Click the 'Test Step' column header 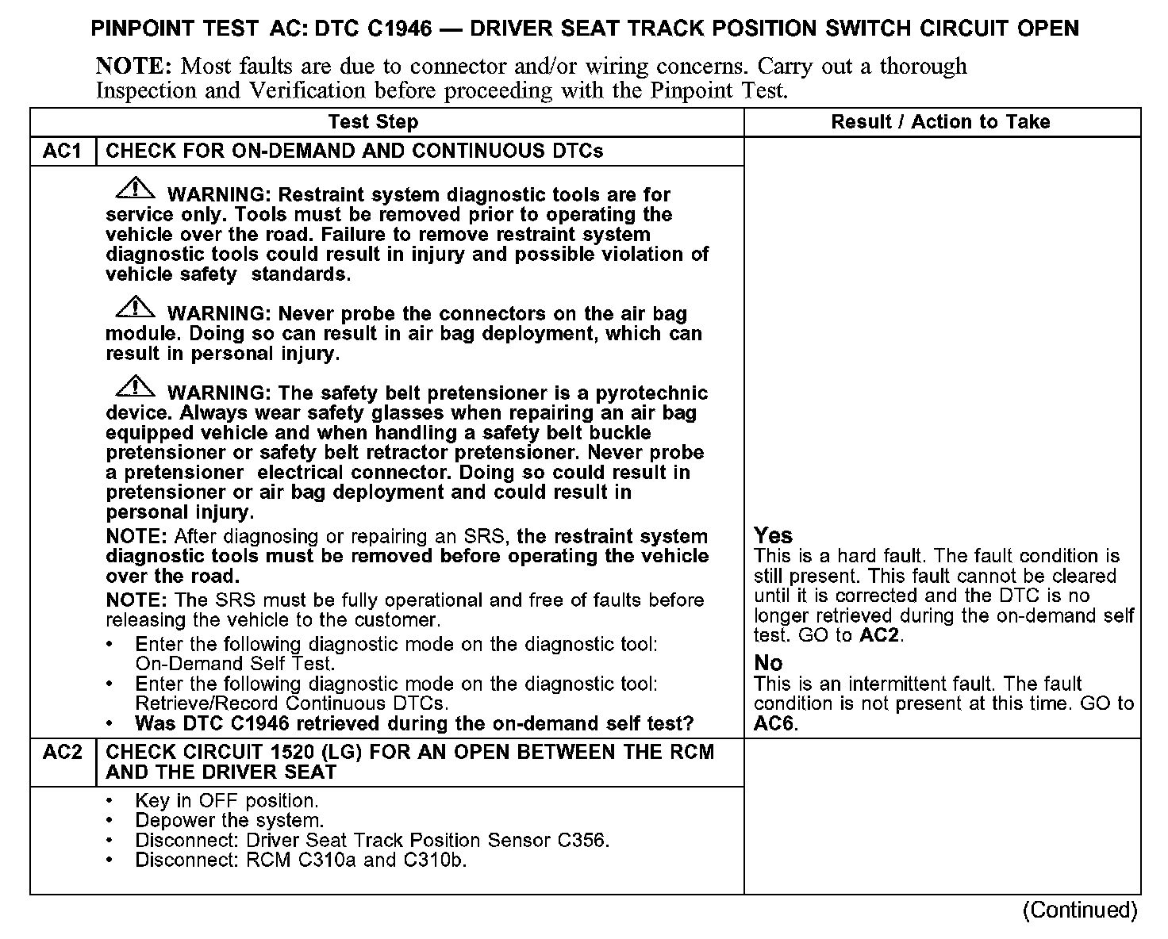(x=373, y=122)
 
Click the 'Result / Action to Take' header (x=940, y=122)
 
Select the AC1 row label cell (x=63, y=151)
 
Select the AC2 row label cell (x=63, y=752)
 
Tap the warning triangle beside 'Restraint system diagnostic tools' (x=136, y=189)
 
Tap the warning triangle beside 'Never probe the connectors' (x=136, y=308)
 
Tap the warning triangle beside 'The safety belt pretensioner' (x=136, y=387)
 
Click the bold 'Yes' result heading (x=774, y=535)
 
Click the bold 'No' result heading (x=768, y=663)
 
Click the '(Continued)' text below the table (x=1080, y=910)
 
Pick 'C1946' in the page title (x=401, y=29)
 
